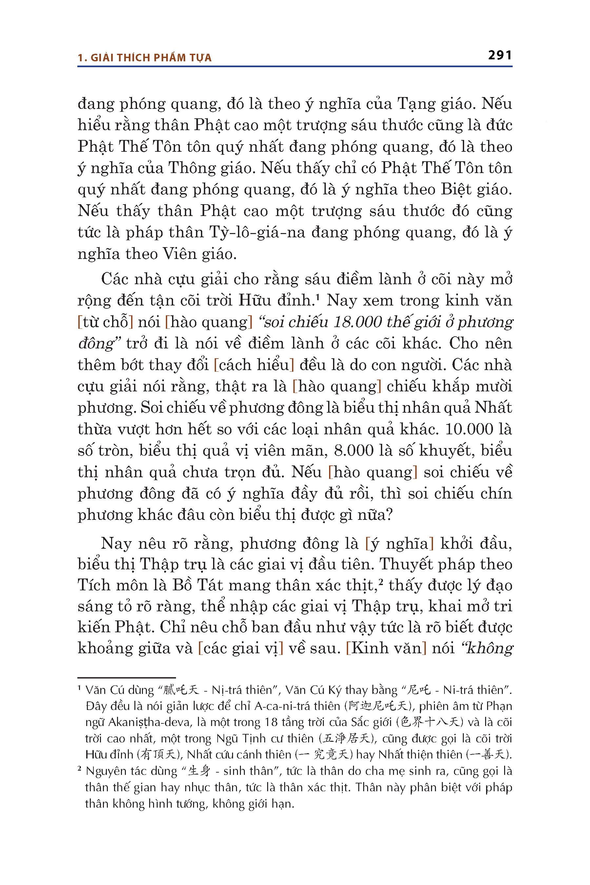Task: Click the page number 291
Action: pyautogui.click(x=500, y=55)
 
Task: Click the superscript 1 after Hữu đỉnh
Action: pyautogui.click(x=318, y=297)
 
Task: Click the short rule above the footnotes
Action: pyautogui.click(x=127, y=678)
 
